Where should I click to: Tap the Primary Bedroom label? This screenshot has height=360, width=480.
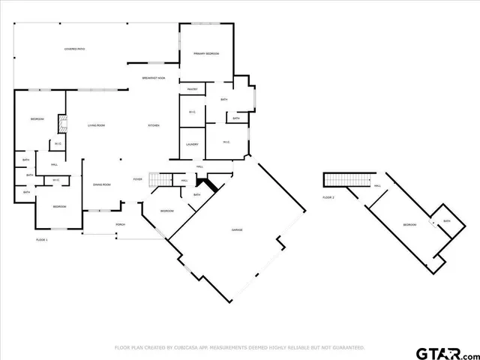pos(205,54)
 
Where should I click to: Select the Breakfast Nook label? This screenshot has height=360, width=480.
pos(154,77)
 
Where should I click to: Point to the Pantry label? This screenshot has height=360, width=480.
pos(192,89)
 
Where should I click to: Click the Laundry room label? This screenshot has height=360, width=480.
pos(191,144)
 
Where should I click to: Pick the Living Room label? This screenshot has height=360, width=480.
pos(95,125)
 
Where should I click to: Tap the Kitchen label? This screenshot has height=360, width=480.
pos(154,125)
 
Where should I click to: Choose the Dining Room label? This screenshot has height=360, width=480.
pos(102,184)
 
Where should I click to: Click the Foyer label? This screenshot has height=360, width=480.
pos(138,179)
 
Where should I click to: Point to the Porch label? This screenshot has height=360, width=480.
pos(120,225)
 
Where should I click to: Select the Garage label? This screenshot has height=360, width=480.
pos(237,229)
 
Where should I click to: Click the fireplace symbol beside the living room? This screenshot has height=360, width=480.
pos(64,124)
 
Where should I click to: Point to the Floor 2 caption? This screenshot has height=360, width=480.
pos(328,197)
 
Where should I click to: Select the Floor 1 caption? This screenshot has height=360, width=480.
pos(42,239)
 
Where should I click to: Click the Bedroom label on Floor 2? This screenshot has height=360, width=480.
pos(409,225)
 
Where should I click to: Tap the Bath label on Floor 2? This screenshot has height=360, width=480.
pos(446,221)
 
